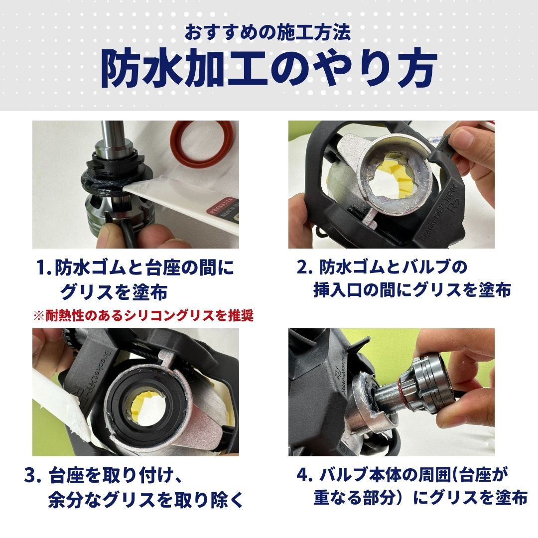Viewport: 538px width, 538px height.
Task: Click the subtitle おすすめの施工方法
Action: [269, 33]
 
